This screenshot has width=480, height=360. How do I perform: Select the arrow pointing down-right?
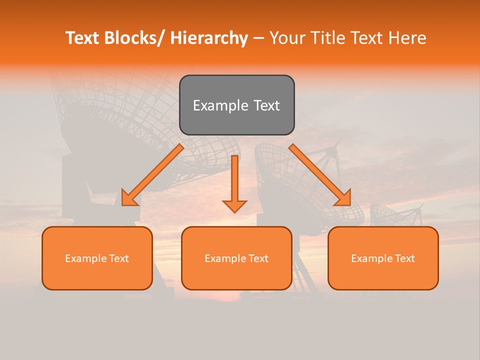pos(320,175)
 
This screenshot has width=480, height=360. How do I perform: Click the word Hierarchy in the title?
pos(209,38)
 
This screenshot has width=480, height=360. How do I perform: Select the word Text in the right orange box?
pos(404,258)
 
